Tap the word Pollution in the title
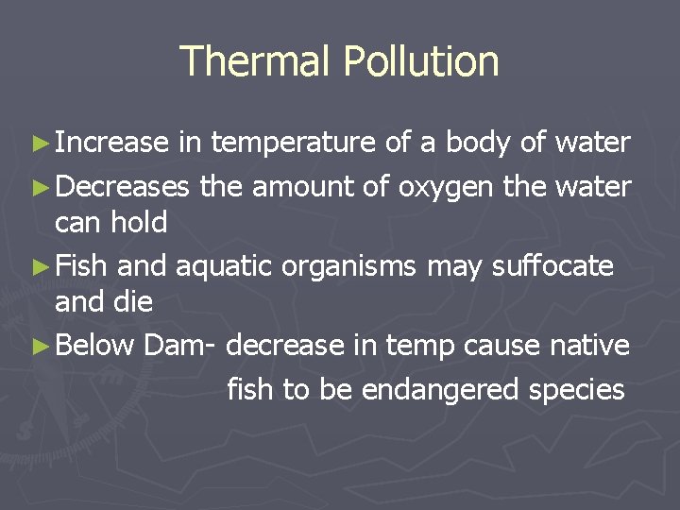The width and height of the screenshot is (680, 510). pos(421,61)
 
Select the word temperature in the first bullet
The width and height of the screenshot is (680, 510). pos(294,143)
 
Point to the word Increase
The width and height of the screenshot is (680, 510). pos(111,143)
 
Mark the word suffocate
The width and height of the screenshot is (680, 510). pos(552,267)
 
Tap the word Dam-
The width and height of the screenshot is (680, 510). pos(182,346)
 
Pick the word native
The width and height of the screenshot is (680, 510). pos(589,346)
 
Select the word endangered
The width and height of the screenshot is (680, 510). pos(435,389)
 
